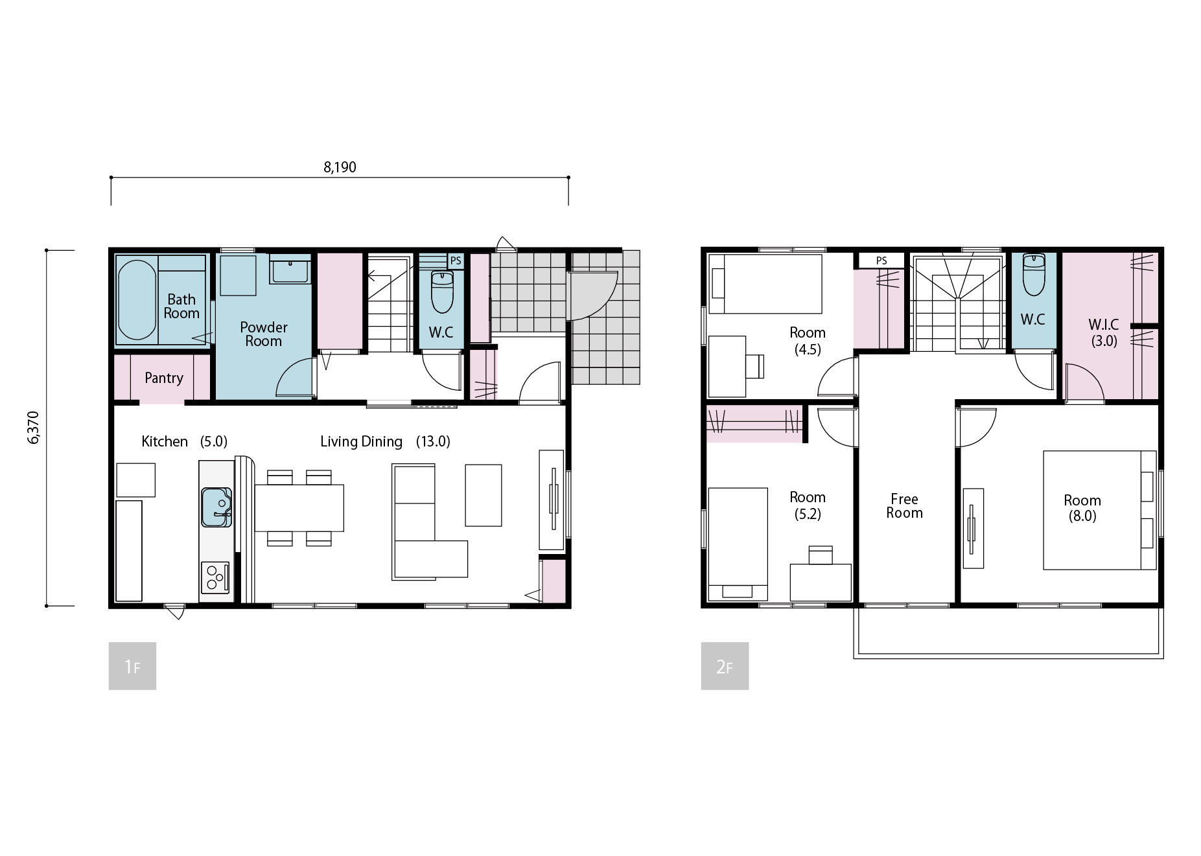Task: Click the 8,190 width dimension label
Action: click(x=340, y=167)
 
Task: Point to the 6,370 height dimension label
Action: click(x=34, y=428)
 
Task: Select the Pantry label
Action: click(x=164, y=378)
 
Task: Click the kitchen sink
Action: click(x=216, y=507)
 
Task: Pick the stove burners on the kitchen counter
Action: click(x=215, y=577)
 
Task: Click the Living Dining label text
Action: click(x=361, y=441)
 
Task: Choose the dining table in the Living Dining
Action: click(x=299, y=508)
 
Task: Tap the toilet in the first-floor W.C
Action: click(x=442, y=292)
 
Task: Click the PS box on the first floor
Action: click(x=456, y=260)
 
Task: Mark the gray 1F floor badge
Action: click(x=132, y=665)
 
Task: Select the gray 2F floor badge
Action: click(x=725, y=665)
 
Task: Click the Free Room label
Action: click(x=904, y=506)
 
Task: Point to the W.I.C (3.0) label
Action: click(x=1104, y=333)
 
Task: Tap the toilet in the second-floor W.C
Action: click(x=1033, y=274)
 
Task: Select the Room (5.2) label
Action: click(x=808, y=505)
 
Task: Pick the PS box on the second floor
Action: click(x=881, y=260)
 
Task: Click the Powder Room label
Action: click(x=264, y=334)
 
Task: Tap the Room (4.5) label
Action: click(x=808, y=341)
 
